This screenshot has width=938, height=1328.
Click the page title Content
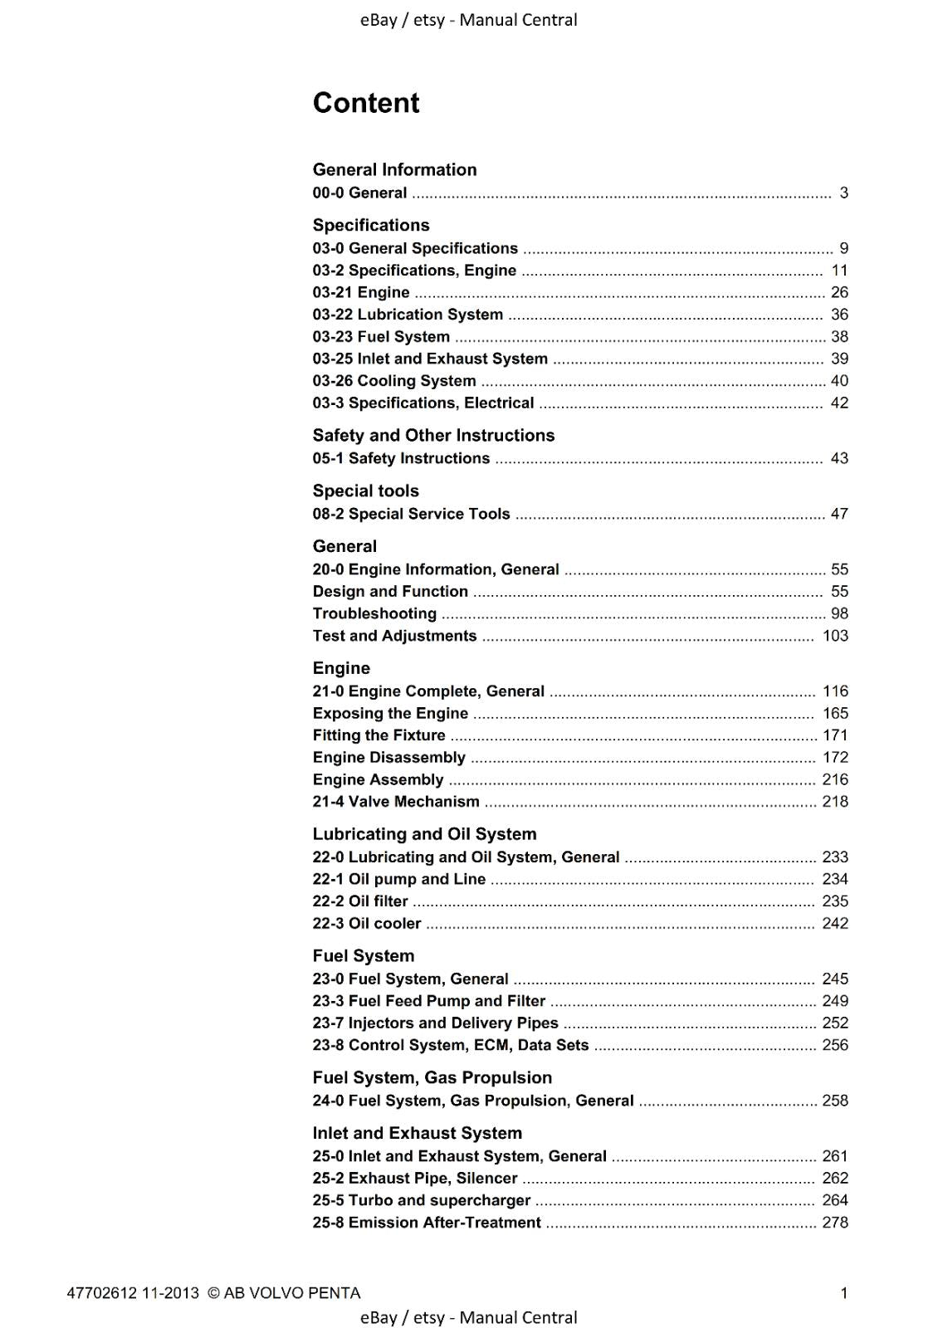(366, 103)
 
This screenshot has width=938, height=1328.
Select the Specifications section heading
(371, 225)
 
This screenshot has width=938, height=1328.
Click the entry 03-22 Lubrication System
(408, 315)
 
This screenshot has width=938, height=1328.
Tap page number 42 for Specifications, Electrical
(839, 403)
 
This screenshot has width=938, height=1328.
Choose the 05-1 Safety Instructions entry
(401, 458)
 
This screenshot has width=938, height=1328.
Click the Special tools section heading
(365, 491)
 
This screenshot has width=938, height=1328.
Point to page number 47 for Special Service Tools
(839, 514)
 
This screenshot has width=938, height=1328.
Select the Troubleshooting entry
(374, 613)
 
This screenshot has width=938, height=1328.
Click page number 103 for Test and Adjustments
(835, 636)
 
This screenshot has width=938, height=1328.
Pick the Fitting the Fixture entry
(379, 735)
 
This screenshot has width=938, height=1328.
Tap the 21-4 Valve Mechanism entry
(396, 802)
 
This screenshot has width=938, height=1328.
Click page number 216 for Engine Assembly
(835, 779)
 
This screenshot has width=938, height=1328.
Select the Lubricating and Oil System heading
(424, 834)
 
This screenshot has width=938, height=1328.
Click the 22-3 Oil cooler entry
(367, 924)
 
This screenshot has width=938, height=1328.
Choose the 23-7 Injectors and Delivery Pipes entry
(435, 1023)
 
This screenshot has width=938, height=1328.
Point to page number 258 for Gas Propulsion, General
(835, 1101)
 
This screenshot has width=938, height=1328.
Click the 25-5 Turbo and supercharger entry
(422, 1200)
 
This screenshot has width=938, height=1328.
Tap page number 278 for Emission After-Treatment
(835, 1223)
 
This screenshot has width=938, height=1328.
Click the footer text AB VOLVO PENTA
(291, 1293)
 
